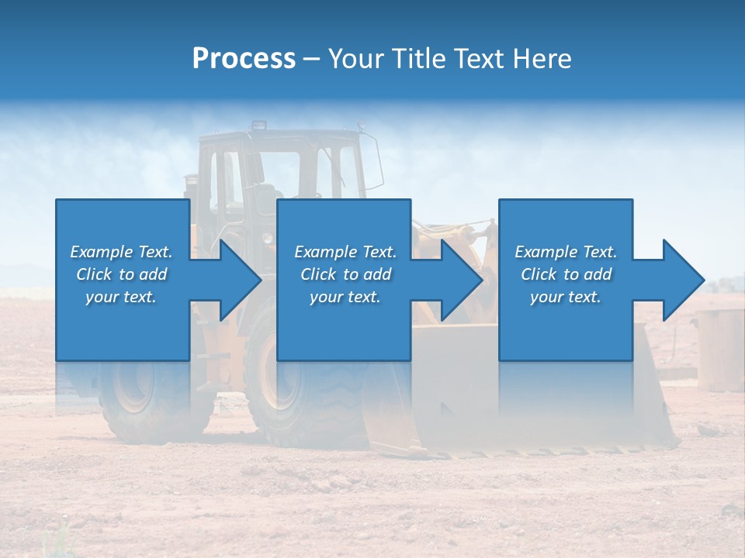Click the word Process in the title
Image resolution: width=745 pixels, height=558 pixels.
(244, 59)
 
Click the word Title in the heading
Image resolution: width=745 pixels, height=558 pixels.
(416, 59)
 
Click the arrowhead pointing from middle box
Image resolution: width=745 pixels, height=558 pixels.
(461, 280)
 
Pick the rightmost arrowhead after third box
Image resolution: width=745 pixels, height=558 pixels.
(683, 280)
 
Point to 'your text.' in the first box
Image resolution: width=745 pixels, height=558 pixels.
(121, 297)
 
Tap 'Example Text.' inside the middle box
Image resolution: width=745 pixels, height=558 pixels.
(345, 252)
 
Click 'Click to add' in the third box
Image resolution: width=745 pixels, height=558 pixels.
(567, 274)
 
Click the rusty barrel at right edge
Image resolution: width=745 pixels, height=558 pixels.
(720, 349)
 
